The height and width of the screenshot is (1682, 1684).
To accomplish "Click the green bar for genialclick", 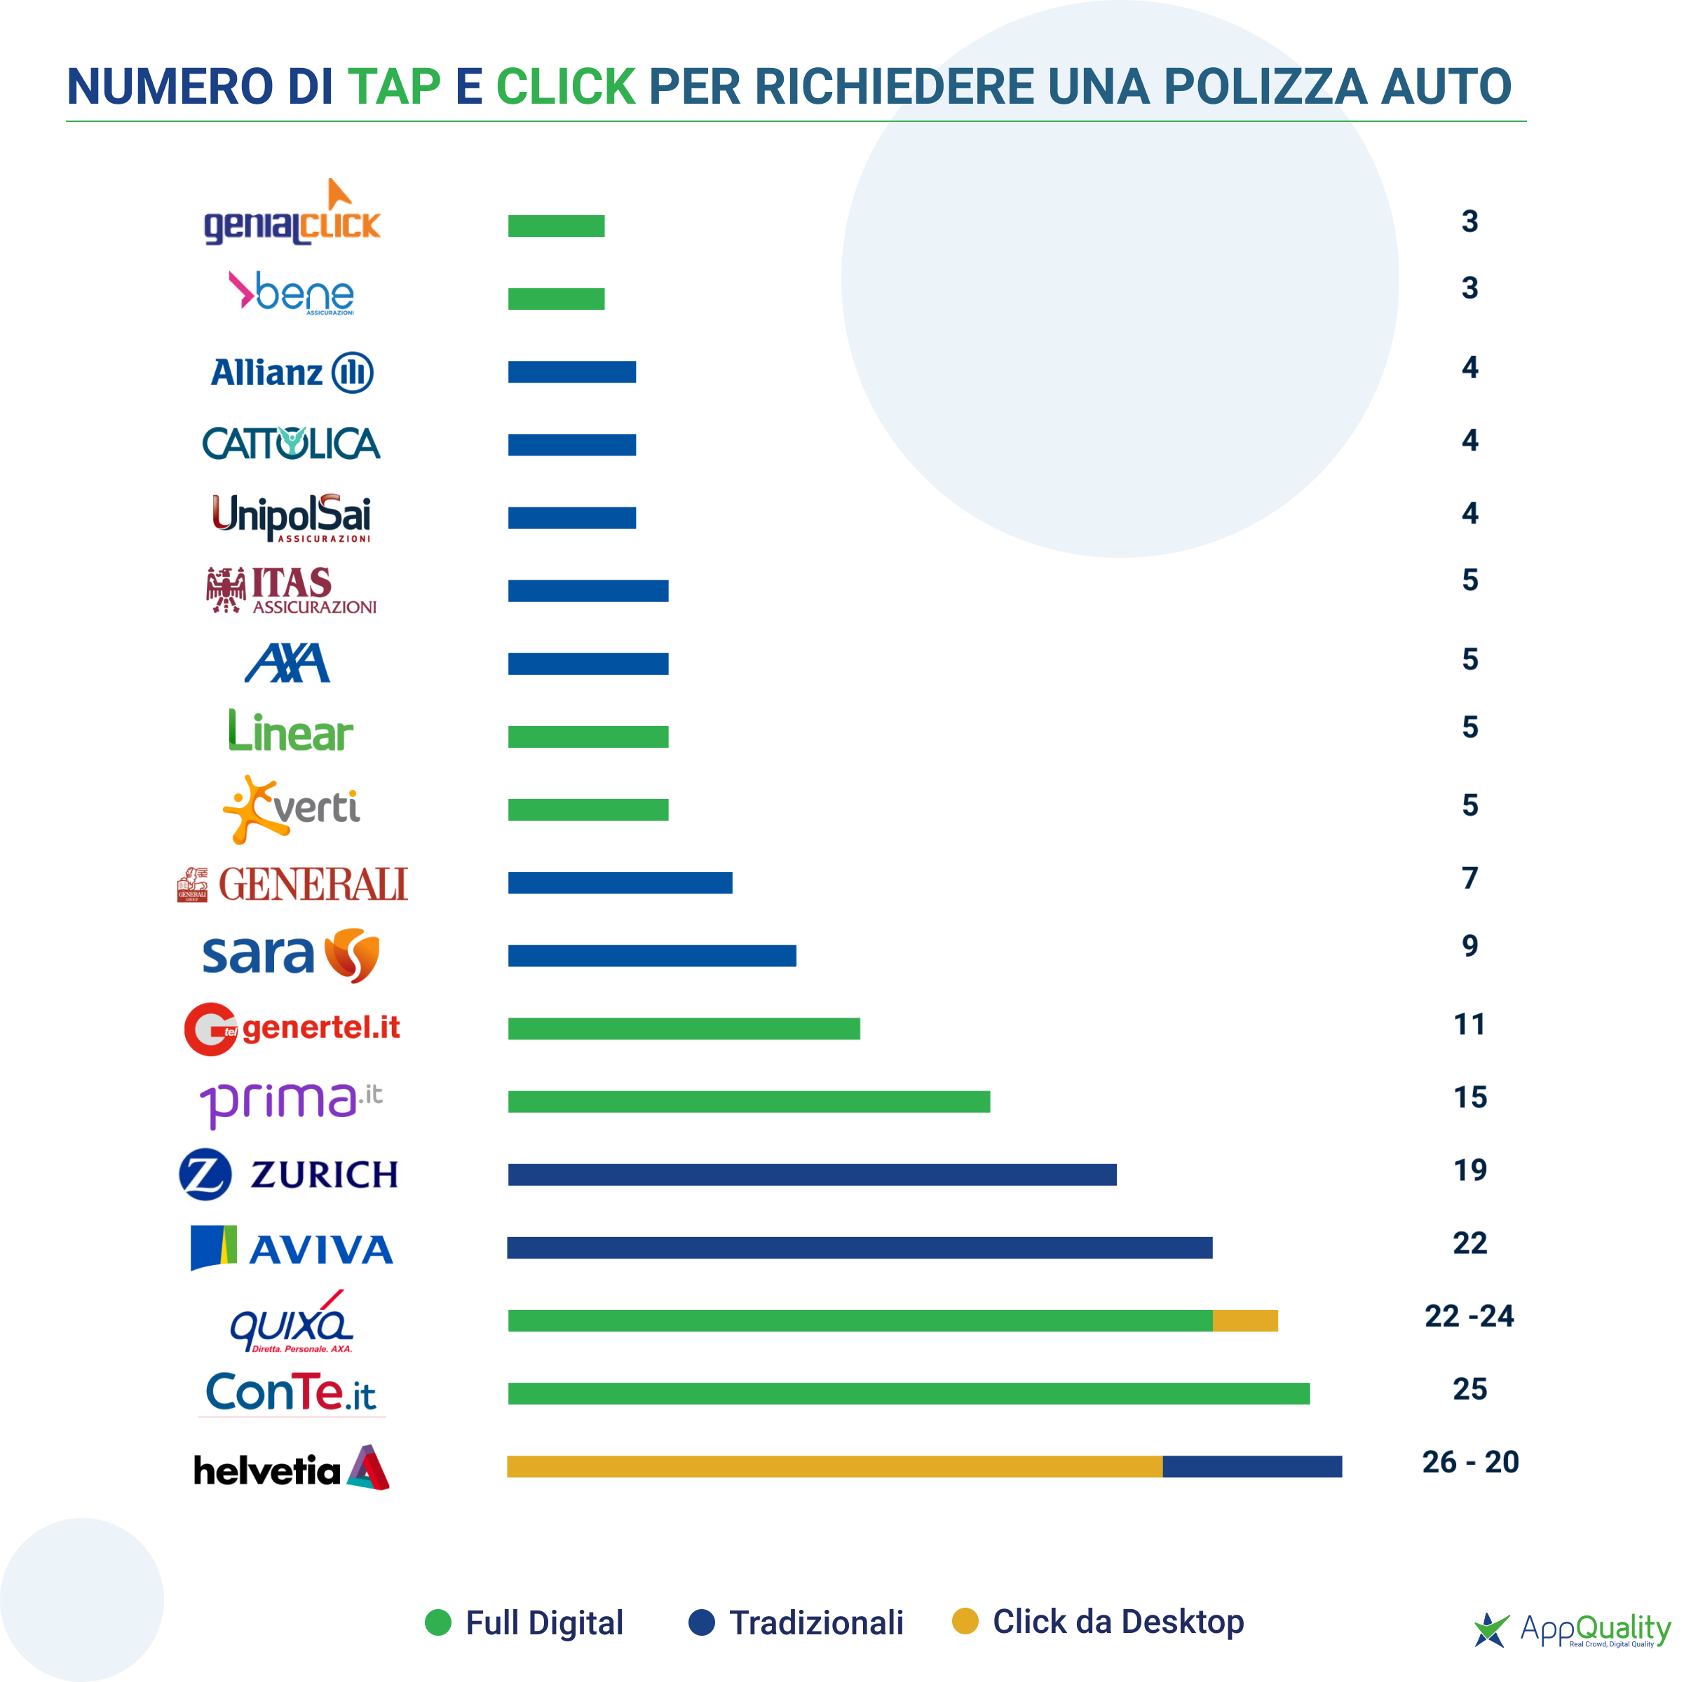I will (x=556, y=226).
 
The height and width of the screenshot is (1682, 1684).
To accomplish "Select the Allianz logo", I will (x=292, y=372).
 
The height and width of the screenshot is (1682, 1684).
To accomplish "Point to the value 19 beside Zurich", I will (x=1469, y=1170).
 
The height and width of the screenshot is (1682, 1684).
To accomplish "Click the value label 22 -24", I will (x=1469, y=1315).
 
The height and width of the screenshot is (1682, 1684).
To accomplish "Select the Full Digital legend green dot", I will (x=437, y=1622).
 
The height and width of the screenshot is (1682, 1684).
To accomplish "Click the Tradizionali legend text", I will (x=816, y=1622).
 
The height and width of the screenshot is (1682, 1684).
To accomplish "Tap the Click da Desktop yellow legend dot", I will (x=965, y=1621).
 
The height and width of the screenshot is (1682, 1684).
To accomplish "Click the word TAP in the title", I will (x=394, y=86).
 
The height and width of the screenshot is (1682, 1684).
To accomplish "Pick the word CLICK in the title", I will (x=566, y=86).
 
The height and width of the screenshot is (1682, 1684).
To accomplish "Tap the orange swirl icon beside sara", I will (x=352, y=955).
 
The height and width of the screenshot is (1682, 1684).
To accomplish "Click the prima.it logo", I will (x=290, y=1102).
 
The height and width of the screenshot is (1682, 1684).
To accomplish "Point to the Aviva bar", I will (x=860, y=1247).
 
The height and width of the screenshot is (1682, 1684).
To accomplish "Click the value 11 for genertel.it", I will (x=1469, y=1024).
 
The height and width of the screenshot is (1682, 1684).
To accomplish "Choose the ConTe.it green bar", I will (x=908, y=1393).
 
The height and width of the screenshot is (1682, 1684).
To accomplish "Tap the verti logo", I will (x=291, y=809).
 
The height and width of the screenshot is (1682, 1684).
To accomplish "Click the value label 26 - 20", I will (x=1469, y=1461).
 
